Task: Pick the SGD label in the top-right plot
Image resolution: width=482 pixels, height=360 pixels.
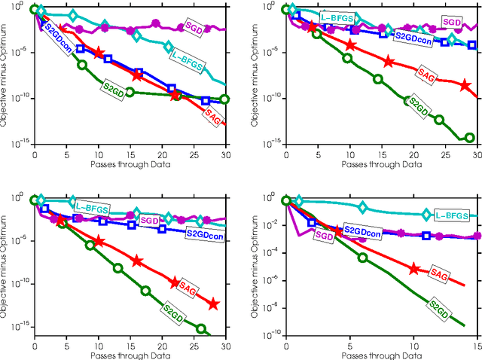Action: point(451,23)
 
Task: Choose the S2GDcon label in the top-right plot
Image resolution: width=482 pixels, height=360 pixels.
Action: point(411,37)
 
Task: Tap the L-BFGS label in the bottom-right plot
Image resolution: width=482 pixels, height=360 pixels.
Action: point(452,215)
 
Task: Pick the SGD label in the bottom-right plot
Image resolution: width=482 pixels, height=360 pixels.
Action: point(323,235)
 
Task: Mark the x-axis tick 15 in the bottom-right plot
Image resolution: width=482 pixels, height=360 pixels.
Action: point(474,343)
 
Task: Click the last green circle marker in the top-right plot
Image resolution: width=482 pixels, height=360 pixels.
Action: point(469,138)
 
